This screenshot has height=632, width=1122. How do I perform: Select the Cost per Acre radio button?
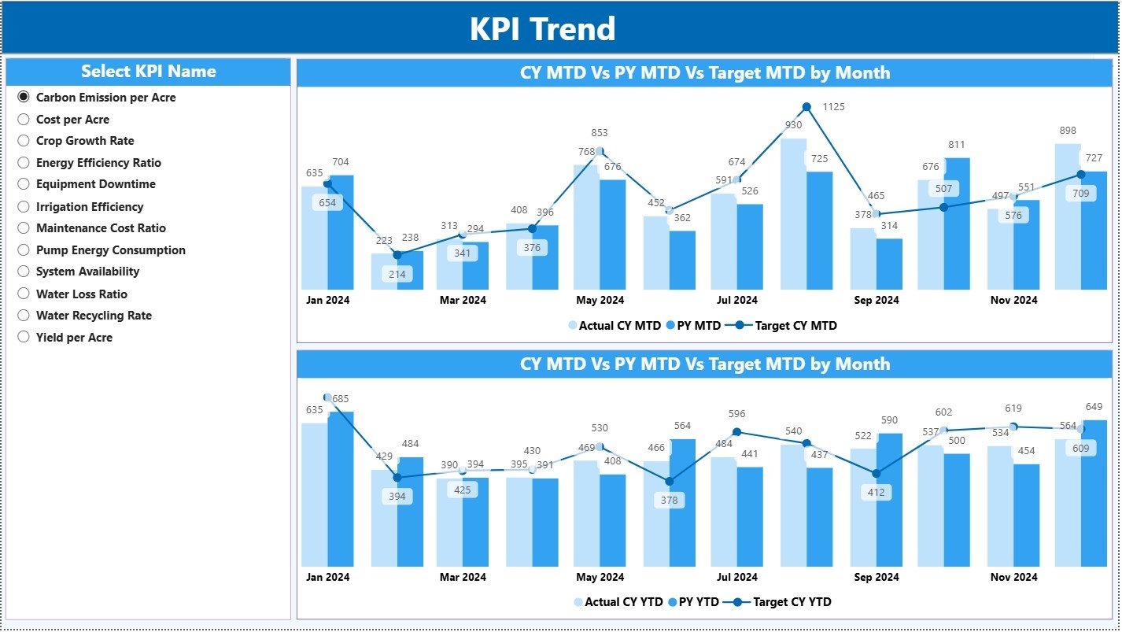point(24,120)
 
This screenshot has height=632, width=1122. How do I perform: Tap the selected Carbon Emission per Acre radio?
point(24,98)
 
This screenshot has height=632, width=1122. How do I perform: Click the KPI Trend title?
point(542,29)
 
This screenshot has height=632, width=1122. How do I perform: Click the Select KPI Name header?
point(148,72)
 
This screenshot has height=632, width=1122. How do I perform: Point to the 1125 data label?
point(833,107)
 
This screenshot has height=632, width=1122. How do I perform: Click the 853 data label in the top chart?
point(599,133)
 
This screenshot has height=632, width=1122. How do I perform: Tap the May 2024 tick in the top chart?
point(600,300)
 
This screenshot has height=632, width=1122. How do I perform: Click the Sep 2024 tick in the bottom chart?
point(876,577)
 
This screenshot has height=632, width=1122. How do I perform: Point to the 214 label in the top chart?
point(397,275)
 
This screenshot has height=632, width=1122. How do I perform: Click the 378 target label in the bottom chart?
point(669,501)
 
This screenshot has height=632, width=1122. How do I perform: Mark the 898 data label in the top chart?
point(1067,131)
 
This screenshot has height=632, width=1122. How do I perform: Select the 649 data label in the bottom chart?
point(1093,407)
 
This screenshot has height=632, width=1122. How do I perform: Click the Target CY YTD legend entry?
point(792,602)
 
